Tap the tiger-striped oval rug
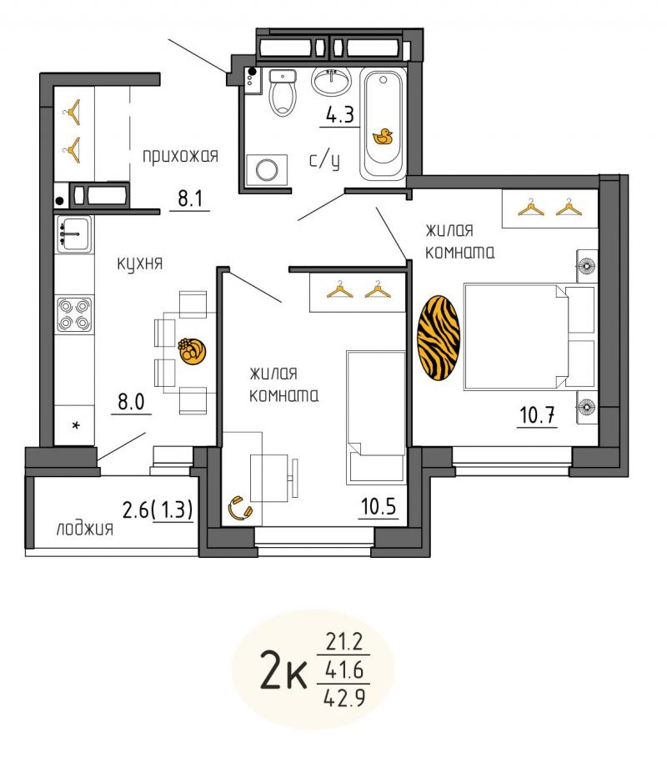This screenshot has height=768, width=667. pyautogui.click(x=439, y=338)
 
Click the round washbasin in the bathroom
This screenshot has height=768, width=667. pyautogui.click(x=332, y=80)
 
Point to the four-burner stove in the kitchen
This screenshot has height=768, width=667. pyautogui.click(x=74, y=314)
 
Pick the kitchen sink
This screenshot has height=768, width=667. pyautogui.click(x=74, y=234)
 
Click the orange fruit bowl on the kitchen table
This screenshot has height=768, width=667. pyautogui.click(x=192, y=351)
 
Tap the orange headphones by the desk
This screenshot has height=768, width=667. pyautogui.click(x=240, y=509)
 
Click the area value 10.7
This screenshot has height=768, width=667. pyautogui.click(x=537, y=415)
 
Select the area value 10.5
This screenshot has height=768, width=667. pyautogui.click(x=378, y=506)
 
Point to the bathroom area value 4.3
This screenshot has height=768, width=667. pyautogui.click(x=340, y=115)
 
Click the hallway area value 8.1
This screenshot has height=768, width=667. pyautogui.click(x=190, y=198)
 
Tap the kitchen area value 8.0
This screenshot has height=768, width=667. pyautogui.click(x=131, y=402)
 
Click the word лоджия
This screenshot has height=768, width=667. pyautogui.click(x=85, y=529)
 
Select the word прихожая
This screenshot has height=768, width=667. pyautogui.click(x=180, y=157)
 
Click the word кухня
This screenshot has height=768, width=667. pyautogui.click(x=139, y=264)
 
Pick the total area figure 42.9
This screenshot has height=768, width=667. pyautogui.click(x=345, y=697)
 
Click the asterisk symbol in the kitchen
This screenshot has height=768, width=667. pyautogui.click(x=76, y=425)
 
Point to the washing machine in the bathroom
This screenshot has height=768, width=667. pyautogui.click(x=267, y=170)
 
